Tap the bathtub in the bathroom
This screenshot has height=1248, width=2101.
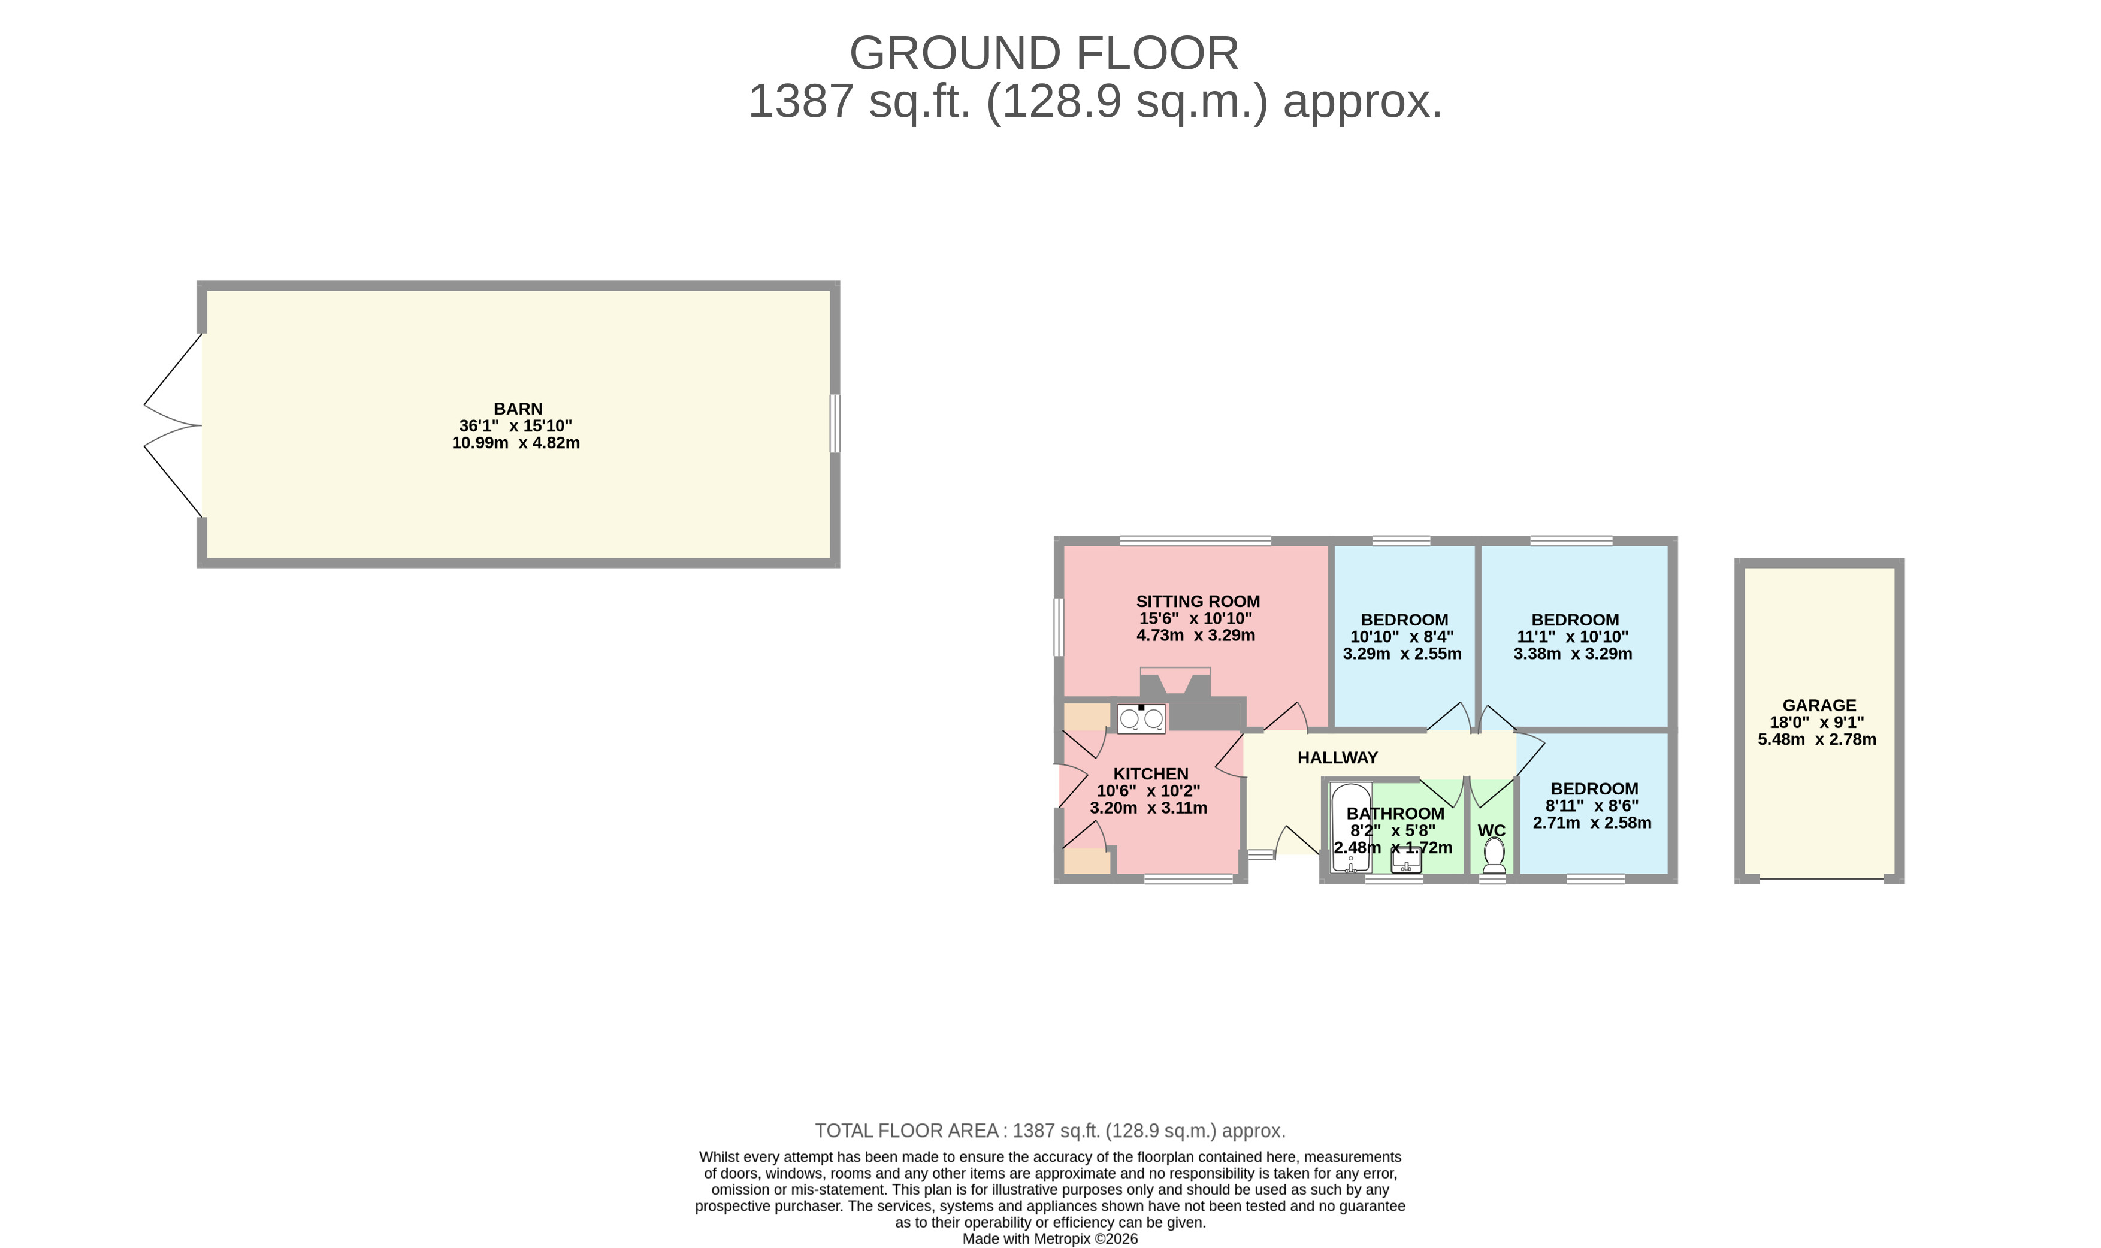pos(1351,829)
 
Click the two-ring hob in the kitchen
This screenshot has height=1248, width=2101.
pos(1141,718)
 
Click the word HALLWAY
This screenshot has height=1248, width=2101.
pos(1338,758)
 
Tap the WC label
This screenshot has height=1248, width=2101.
pos(1492,831)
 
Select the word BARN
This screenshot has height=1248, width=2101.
pos(518,409)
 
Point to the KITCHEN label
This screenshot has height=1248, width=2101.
pos(1151,773)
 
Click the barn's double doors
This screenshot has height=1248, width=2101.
pos(173,425)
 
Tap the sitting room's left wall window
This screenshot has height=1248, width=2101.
pos(1059,627)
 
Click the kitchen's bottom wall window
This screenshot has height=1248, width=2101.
pos(1189,879)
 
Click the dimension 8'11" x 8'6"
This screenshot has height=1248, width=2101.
pos(1592,806)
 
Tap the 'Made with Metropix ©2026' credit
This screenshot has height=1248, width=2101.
pos(1050,1239)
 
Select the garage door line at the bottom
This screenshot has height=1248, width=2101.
pos(1822,880)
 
